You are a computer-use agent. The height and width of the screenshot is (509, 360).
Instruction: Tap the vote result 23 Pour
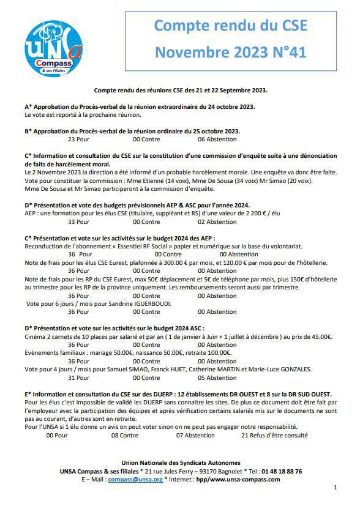coord(78,139)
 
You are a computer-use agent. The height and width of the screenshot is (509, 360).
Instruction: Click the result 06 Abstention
coord(217,139)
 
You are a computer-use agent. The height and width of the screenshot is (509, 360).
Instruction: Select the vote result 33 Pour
coord(78,222)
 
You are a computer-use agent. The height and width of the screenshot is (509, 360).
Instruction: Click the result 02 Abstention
coord(217,222)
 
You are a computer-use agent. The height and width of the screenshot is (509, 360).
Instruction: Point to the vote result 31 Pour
coord(78,377)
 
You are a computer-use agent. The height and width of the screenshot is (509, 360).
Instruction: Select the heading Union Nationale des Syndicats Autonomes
coord(181,463)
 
